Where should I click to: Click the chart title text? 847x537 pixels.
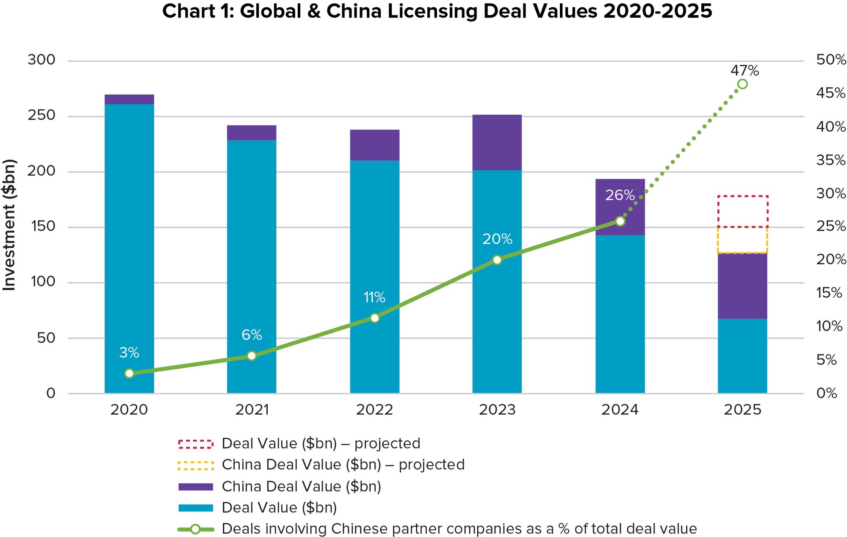(x=437, y=11)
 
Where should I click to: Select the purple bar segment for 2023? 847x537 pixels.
(x=497, y=142)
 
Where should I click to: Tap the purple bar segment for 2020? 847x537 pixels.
(x=129, y=99)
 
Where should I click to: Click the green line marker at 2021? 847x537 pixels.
(x=252, y=356)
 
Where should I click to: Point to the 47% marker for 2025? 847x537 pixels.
(x=742, y=84)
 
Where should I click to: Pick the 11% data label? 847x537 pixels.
(x=374, y=298)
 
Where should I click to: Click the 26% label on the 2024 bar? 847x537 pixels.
(x=620, y=195)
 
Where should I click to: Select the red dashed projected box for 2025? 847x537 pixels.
(x=742, y=211)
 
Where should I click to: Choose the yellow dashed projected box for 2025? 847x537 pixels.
(x=742, y=240)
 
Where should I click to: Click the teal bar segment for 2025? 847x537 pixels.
(x=742, y=356)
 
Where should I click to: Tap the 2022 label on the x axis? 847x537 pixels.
(x=374, y=410)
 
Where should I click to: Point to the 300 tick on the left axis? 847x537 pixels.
(x=42, y=60)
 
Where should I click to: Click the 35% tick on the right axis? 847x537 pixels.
(x=830, y=160)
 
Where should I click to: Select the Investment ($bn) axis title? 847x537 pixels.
(x=9, y=224)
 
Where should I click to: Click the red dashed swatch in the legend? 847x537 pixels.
(x=196, y=444)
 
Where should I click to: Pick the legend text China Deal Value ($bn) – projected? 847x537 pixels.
(x=343, y=465)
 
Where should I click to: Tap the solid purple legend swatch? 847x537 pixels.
(x=196, y=487)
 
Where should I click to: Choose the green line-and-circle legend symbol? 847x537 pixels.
(x=196, y=529)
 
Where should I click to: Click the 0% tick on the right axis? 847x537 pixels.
(x=826, y=393)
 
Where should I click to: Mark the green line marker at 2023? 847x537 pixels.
(x=497, y=260)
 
